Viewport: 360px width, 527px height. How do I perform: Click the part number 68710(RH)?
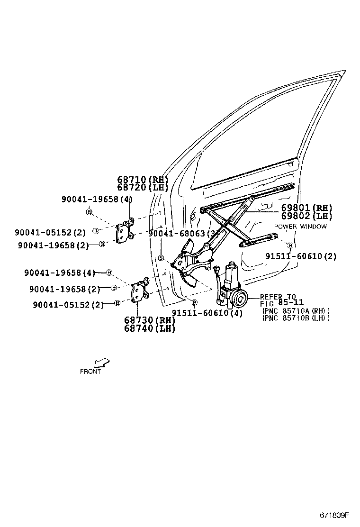(143, 180)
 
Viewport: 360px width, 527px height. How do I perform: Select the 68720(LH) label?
(143, 187)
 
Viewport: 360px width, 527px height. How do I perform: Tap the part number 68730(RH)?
(150, 321)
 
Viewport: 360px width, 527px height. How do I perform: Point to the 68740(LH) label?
(150, 328)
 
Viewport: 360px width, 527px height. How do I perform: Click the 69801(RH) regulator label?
(306, 208)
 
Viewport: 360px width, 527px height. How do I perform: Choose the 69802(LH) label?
(306, 216)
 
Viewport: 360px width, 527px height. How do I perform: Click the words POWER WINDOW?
(300, 227)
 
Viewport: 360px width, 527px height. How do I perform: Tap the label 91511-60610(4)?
(207, 313)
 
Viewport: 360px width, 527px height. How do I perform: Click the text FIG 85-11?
(282, 302)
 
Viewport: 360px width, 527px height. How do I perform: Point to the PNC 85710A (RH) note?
(296, 311)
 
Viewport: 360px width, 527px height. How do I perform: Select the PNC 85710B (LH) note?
(296, 318)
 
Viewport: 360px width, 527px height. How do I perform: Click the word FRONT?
(90, 372)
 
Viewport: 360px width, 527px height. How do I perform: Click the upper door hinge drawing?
(125, 231)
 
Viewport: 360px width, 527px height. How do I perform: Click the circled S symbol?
(161, 258)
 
